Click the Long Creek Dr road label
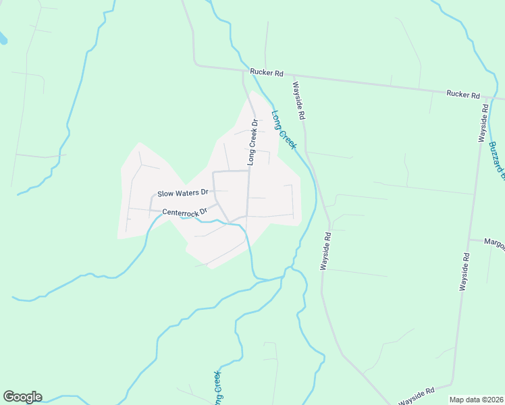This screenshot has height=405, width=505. click(253, 142)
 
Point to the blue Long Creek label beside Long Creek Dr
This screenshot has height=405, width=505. click(284, 130)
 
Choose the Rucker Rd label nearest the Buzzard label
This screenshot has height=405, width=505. click(462, 95)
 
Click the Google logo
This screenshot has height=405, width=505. click(22, 397)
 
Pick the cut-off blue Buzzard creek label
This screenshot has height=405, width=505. click(496, 161)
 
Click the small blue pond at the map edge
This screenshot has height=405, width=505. click(3, 39)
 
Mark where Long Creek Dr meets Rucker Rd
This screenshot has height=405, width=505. click(244, 70)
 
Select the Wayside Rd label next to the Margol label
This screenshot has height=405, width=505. click(464, 271)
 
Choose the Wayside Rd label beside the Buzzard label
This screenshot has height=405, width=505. click(483, 122)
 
